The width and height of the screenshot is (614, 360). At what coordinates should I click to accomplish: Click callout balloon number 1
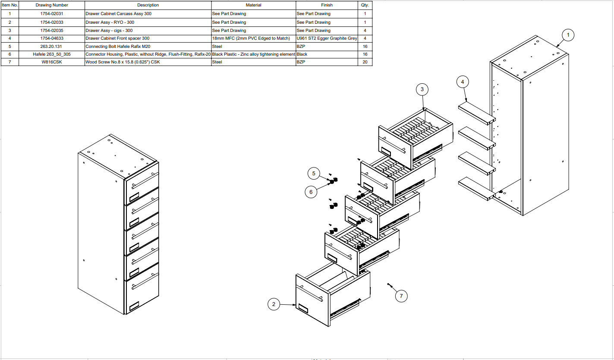click(x=568, y=35)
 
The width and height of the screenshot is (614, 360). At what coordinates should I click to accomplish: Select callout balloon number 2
click(x=274, y=304)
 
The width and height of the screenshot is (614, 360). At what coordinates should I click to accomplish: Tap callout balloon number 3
click(x=422, y=89)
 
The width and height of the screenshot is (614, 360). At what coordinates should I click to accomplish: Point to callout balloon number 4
click(x=463, y=82)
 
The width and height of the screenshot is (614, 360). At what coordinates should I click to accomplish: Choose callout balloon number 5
click(x=314, y=174)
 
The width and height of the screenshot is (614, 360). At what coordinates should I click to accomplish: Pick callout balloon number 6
click(x=311, y=192)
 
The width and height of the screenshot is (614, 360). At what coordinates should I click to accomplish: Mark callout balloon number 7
click(x=401, y=296)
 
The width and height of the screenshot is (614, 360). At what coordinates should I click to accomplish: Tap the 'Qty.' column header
click(x=365, y=5)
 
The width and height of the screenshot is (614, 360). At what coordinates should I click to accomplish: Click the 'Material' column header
click(x=253, y=5)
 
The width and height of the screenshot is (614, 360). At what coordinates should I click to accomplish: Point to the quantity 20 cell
click(x=365, y=62)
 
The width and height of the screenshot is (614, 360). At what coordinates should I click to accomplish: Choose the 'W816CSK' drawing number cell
click(x=52, y=62)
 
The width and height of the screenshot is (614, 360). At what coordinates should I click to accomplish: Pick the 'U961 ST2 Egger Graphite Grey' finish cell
click(x=327, y=38)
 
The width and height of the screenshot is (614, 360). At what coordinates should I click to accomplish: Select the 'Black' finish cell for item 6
click(x=302, y=54)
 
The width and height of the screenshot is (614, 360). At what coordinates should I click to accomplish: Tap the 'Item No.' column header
click(x=9, y=5)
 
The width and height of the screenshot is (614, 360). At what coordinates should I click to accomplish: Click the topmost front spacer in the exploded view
click(x=476, y=112)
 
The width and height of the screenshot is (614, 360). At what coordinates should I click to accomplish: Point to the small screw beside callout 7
click(x=389, y=285)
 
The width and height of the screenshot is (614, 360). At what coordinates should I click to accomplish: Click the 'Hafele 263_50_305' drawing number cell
click(x=52, y=54)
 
